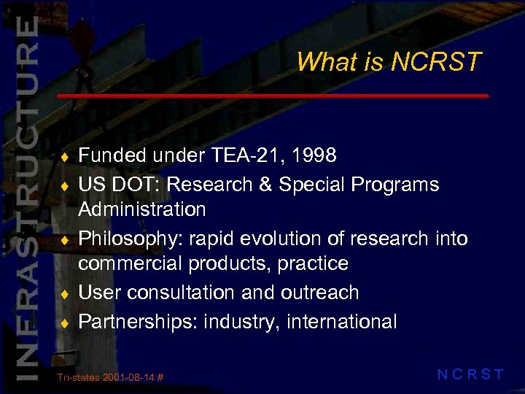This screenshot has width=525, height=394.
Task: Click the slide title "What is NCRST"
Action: point(389,62)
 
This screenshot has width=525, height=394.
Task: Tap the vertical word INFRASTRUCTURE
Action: point(26,197)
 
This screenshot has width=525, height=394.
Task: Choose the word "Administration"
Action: point(142,209)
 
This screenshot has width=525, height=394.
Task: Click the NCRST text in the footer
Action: point(470,375)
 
